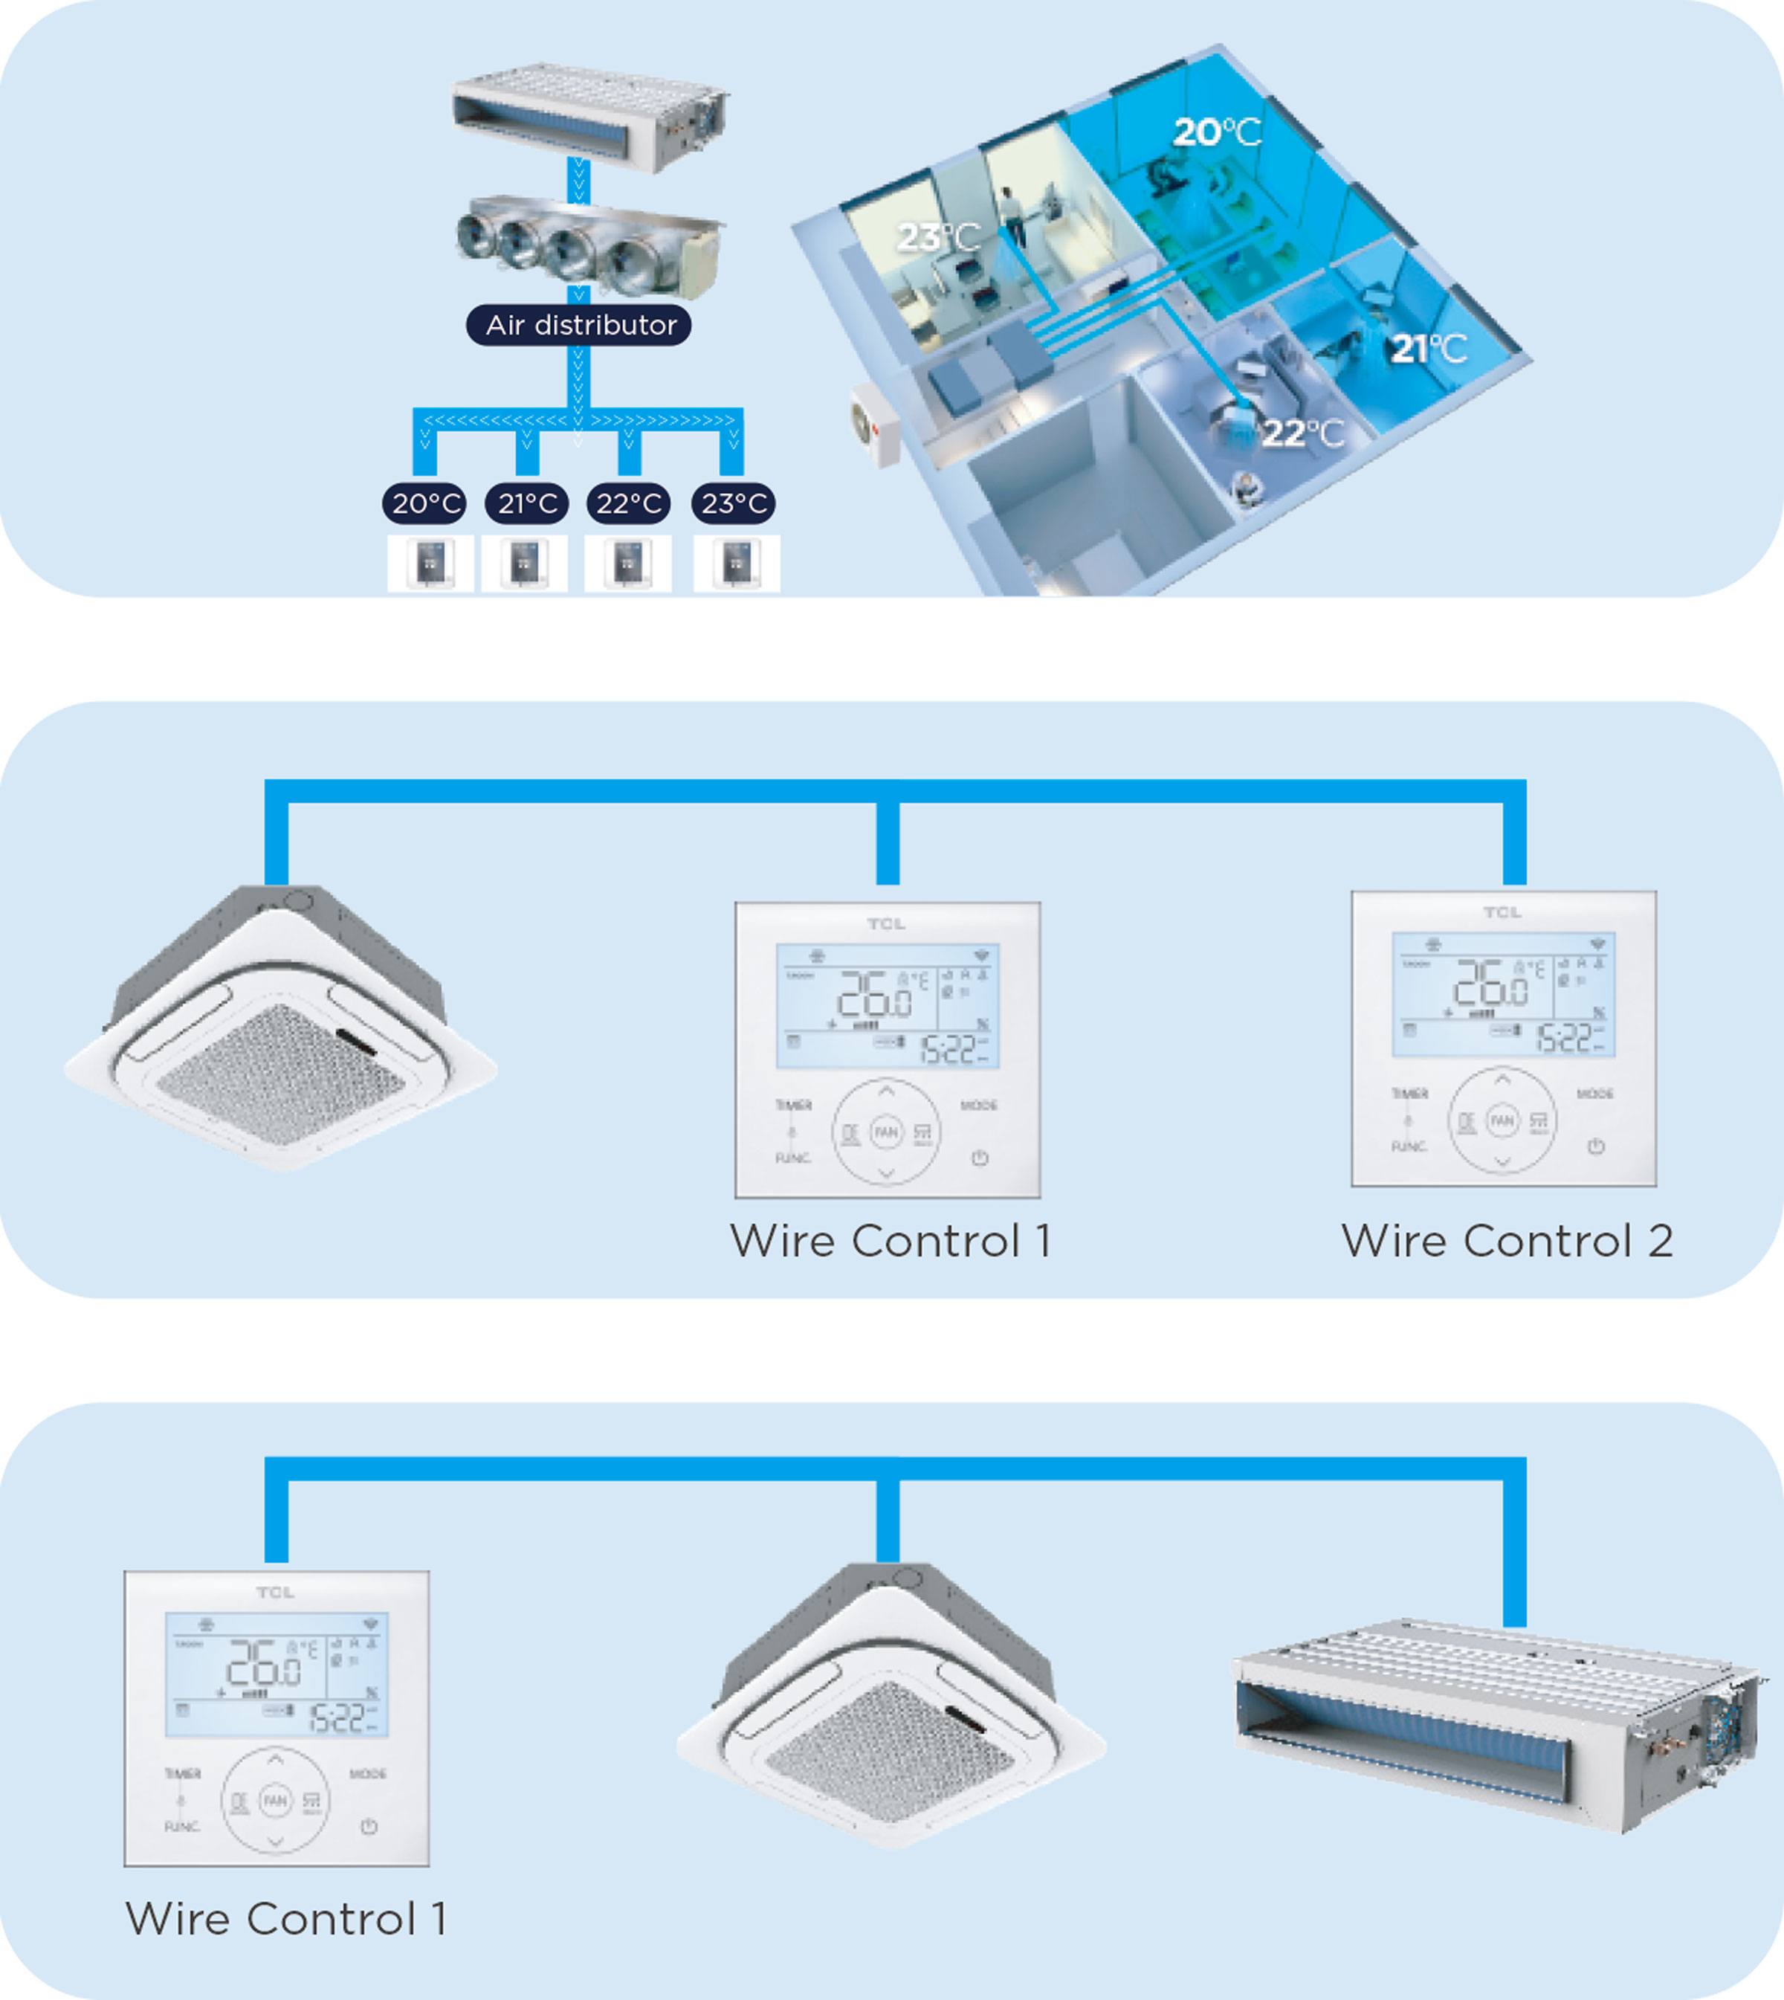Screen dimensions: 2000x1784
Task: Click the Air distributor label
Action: coord(578,324)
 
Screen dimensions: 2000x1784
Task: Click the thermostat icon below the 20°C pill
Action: coord(430,564)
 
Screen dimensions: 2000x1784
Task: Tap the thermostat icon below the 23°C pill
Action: coord(736,564)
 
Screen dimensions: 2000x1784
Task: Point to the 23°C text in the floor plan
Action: coord(938,236)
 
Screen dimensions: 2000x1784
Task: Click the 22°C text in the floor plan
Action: coord(1302,433)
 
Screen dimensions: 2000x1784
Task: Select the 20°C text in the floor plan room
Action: coord(1216,132)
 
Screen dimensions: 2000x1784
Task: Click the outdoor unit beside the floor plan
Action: coord(874,425)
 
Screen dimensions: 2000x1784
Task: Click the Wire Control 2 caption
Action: coord(1507,1240)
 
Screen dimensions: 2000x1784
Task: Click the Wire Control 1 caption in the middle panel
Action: coord(890,1240)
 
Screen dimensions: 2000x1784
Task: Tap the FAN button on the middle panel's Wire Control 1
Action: coord(886,1132)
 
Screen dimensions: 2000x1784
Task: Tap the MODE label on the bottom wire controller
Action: coord(368,1773)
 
